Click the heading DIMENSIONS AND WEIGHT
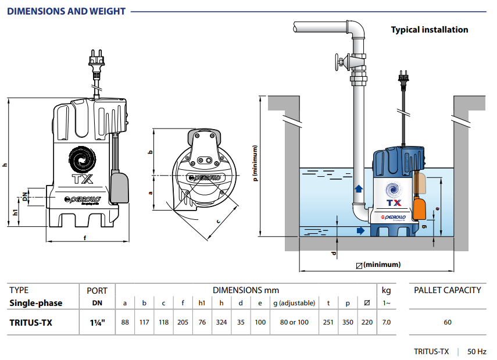pyautogui.click(x=66, y=11)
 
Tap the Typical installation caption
pyautogui.click(x=429, y=30)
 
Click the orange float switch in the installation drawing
pyautogui.click(x=421, y=205)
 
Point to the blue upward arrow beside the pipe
pyautogui.click(x=359, y=189)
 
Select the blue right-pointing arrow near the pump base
pyautogui.click(x=362, y=231)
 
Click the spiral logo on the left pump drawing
pyautogui.click(x=81, y=158)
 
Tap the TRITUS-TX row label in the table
pyautogui.click(x=31, y=322)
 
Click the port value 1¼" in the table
pyautogui.click(x=96, y=322)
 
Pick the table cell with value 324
pyautogui.click(x=221, y=322)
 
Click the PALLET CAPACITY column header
pyautogui.click(x=447, y=290)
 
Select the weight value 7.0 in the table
pyautogui.click(x=387, y=322)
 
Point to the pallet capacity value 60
pyautogui.click(x=447, y=322)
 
